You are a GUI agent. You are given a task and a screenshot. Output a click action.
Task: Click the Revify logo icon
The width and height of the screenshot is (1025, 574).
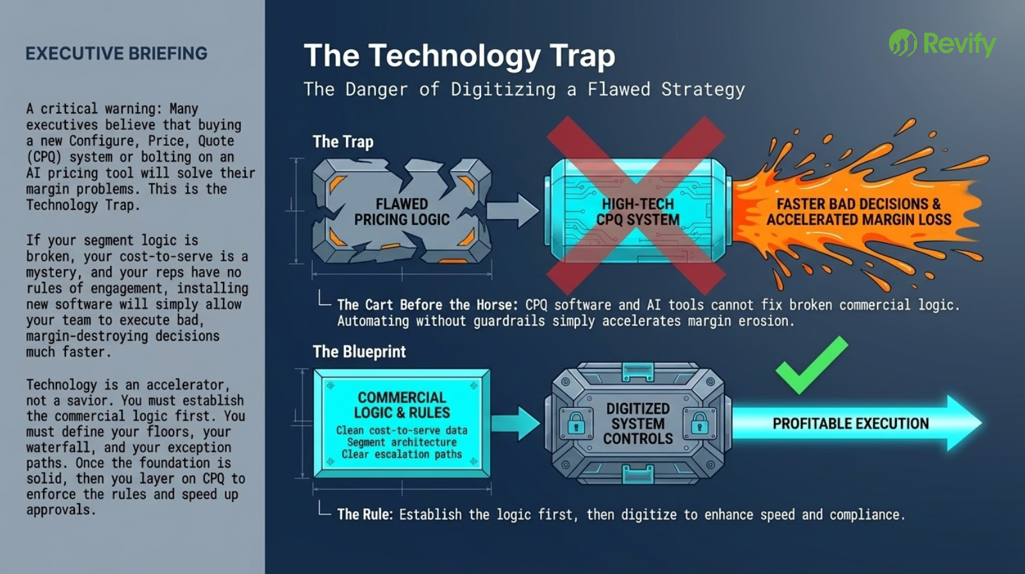(x=903, y=43)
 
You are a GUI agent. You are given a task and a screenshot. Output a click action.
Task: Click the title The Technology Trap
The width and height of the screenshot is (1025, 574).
(x=459, y=56)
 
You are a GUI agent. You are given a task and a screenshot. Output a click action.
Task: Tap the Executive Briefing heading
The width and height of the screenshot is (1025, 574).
(x=116, y=53)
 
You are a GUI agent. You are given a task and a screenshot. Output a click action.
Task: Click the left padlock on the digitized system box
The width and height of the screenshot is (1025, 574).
(x=576, y=423)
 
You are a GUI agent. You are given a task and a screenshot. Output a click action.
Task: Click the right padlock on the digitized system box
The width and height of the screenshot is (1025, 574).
(x=699, y=423)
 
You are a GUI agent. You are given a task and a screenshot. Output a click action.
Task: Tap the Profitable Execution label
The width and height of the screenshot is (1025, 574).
(x=850, y=423)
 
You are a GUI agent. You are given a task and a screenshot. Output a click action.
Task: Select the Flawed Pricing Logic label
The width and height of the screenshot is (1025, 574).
(x=402, y=211)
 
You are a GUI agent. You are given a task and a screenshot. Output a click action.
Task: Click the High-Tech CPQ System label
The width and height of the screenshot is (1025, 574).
(x=637, y=211)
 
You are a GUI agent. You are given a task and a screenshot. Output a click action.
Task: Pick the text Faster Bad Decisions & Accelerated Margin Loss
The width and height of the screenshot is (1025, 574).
(x=858, y=211)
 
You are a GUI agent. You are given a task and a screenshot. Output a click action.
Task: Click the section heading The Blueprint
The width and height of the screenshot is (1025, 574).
(x=359, y=352)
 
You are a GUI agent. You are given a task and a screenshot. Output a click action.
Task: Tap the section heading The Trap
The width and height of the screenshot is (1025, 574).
(x=343, y=142)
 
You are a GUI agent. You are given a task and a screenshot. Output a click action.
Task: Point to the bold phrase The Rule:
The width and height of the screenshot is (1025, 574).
(x=365, y=514)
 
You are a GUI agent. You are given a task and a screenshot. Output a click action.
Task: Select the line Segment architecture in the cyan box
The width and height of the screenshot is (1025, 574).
(x=402, y=442)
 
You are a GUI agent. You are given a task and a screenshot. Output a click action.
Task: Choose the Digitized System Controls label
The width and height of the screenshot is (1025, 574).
(x=637, y=423)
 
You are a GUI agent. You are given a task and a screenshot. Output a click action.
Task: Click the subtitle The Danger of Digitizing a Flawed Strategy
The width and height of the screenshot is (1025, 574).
(x=524, y=89)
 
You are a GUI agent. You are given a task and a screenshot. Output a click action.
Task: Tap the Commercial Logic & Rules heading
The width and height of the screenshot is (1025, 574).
(x=402, y=405)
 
